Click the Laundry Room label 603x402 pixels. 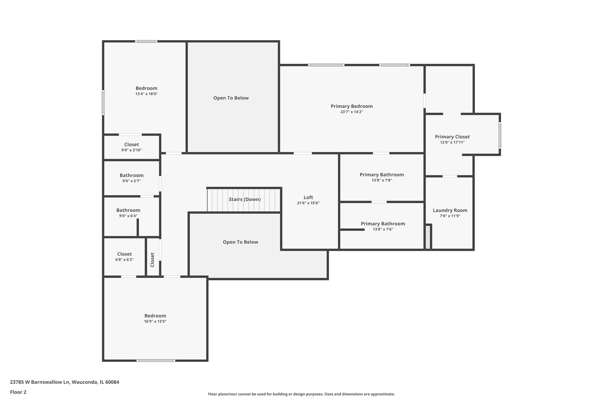450,210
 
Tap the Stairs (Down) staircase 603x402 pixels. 244,200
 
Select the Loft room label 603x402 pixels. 308,198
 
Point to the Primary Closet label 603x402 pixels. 452,137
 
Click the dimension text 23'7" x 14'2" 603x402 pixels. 351,112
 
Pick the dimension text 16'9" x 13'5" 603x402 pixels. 155,321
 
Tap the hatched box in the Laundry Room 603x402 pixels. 428,237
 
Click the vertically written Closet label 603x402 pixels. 152,260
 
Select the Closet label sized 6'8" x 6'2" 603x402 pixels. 124,254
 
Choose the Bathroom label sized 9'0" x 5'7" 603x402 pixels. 131,175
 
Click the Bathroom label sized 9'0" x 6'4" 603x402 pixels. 128,210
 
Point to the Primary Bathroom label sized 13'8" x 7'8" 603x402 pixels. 382,175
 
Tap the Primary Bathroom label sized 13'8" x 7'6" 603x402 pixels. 383,224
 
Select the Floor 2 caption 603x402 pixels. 18,392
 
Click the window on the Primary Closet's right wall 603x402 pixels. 500,135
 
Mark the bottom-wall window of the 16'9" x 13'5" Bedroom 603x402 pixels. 156,360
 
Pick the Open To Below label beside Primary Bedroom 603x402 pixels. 231,98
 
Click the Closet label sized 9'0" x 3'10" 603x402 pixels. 131,144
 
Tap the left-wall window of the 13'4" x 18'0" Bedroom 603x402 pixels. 103,102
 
